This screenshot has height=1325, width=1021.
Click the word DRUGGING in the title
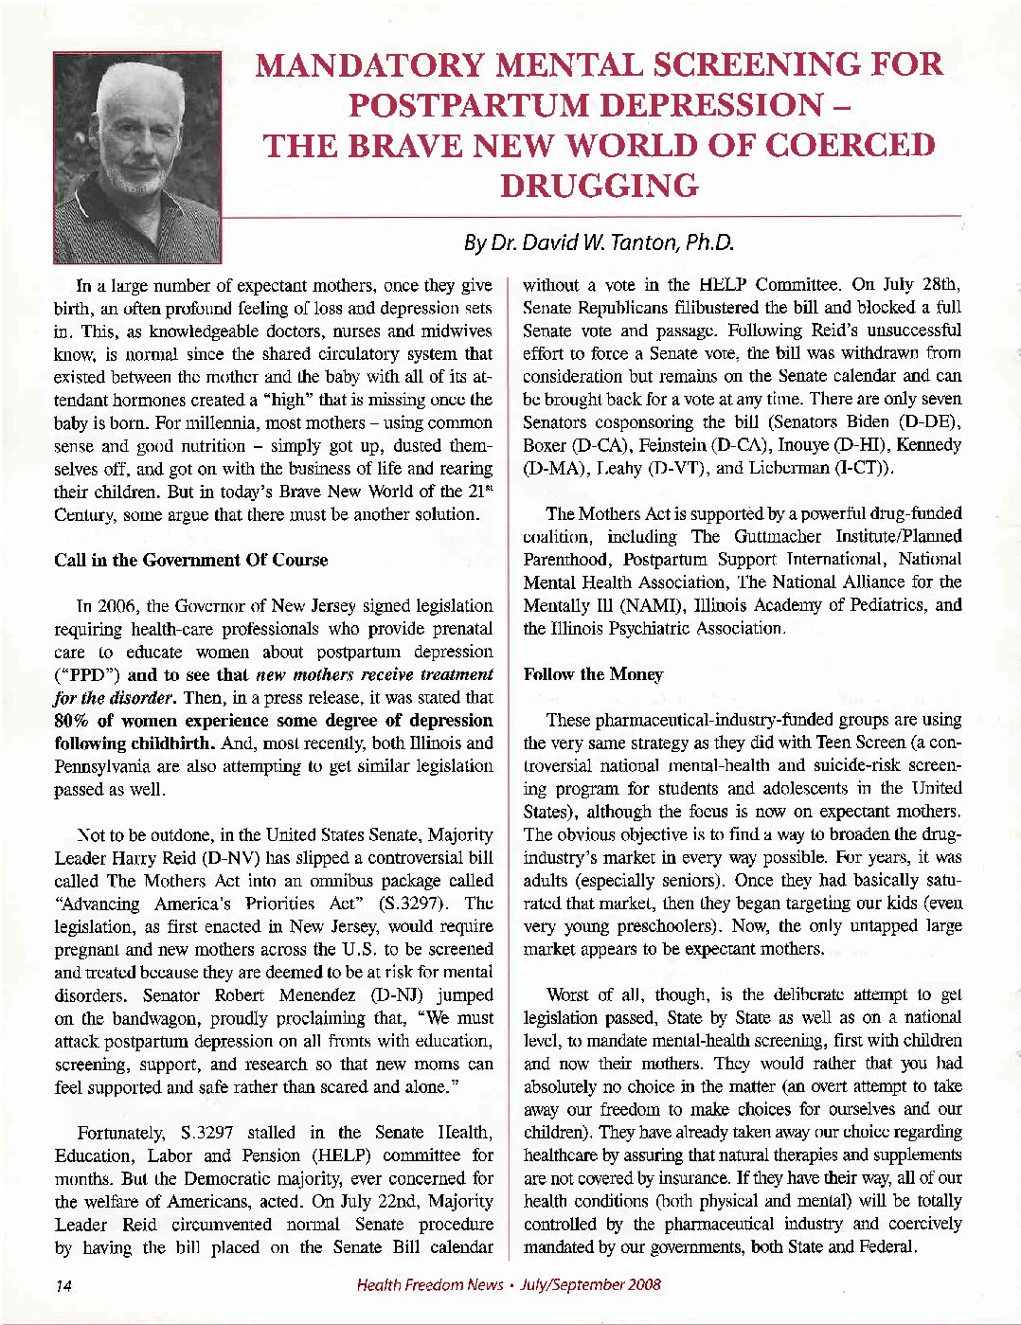point(599,186)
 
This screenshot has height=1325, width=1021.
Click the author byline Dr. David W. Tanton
point(599,242)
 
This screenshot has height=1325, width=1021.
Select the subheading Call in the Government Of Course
point(191,560)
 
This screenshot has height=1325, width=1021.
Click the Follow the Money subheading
point(593,674)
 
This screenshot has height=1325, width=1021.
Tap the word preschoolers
point(654,926)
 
